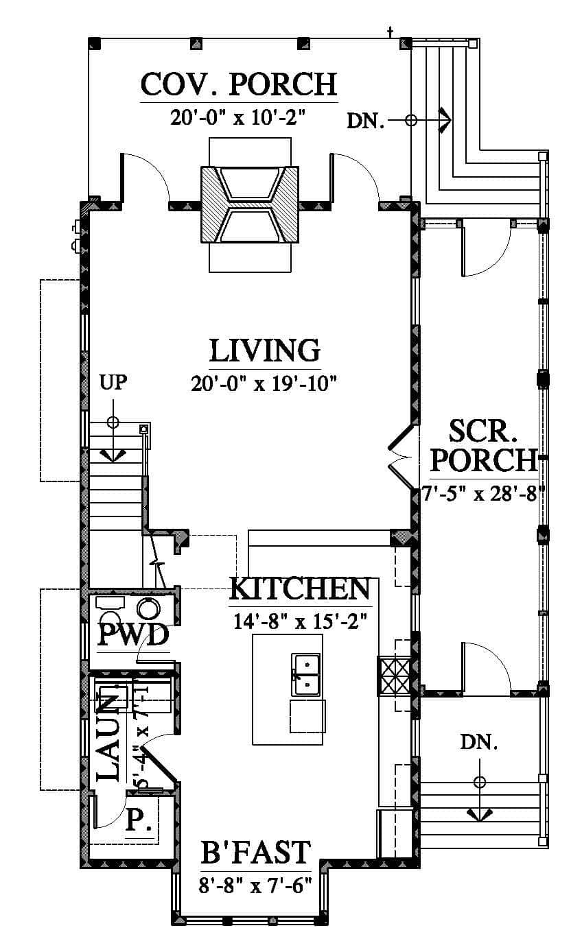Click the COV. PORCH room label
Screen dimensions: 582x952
tap(239, 84)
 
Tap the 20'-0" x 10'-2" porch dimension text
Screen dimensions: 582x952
tap(239, 117)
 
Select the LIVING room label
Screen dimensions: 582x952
tap(265, 350)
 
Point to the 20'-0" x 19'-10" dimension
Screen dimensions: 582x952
tap(264, 384)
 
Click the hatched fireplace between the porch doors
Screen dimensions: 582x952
tap(250, 204)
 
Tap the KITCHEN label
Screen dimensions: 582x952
tap(300, 588)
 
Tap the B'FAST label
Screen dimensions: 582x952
tap(255, 852)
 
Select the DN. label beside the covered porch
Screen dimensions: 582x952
tap(366, 121)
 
